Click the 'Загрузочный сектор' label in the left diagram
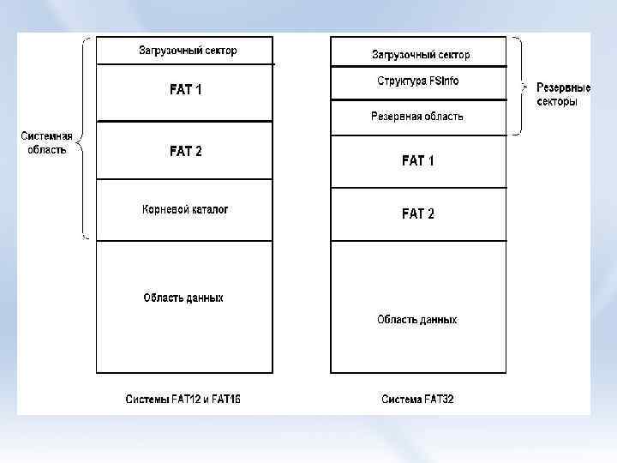pyautogui.click(x=188, y=51)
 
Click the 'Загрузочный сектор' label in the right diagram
pyautogui.click(x=421, y=55)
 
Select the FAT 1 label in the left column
pyautogui.click(x=186, y=89)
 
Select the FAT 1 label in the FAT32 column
pyautogui.click(x=418, y=160)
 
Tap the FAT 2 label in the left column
pyautogui.click(x=186, y=151)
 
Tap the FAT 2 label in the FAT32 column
pyautogui.click(x=418, y=213)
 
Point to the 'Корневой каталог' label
pyautogui.click(x=185, y=209)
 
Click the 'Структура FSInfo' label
pyautogui.click(x=417, y=81)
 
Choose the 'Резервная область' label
pyautogui.click(x=417, y=116)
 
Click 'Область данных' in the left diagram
pyautogui.click(x=183, y=298)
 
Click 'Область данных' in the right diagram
pyautogui.click(x=417, y=320)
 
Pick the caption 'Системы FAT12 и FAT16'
pyautogui.click(x=183, y=399)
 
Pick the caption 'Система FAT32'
pyautogui.click(x=417, y=399)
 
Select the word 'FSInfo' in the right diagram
pyautogui.click(x=441, y=81)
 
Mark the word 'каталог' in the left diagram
pyautogui.click(x=208, y=209)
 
